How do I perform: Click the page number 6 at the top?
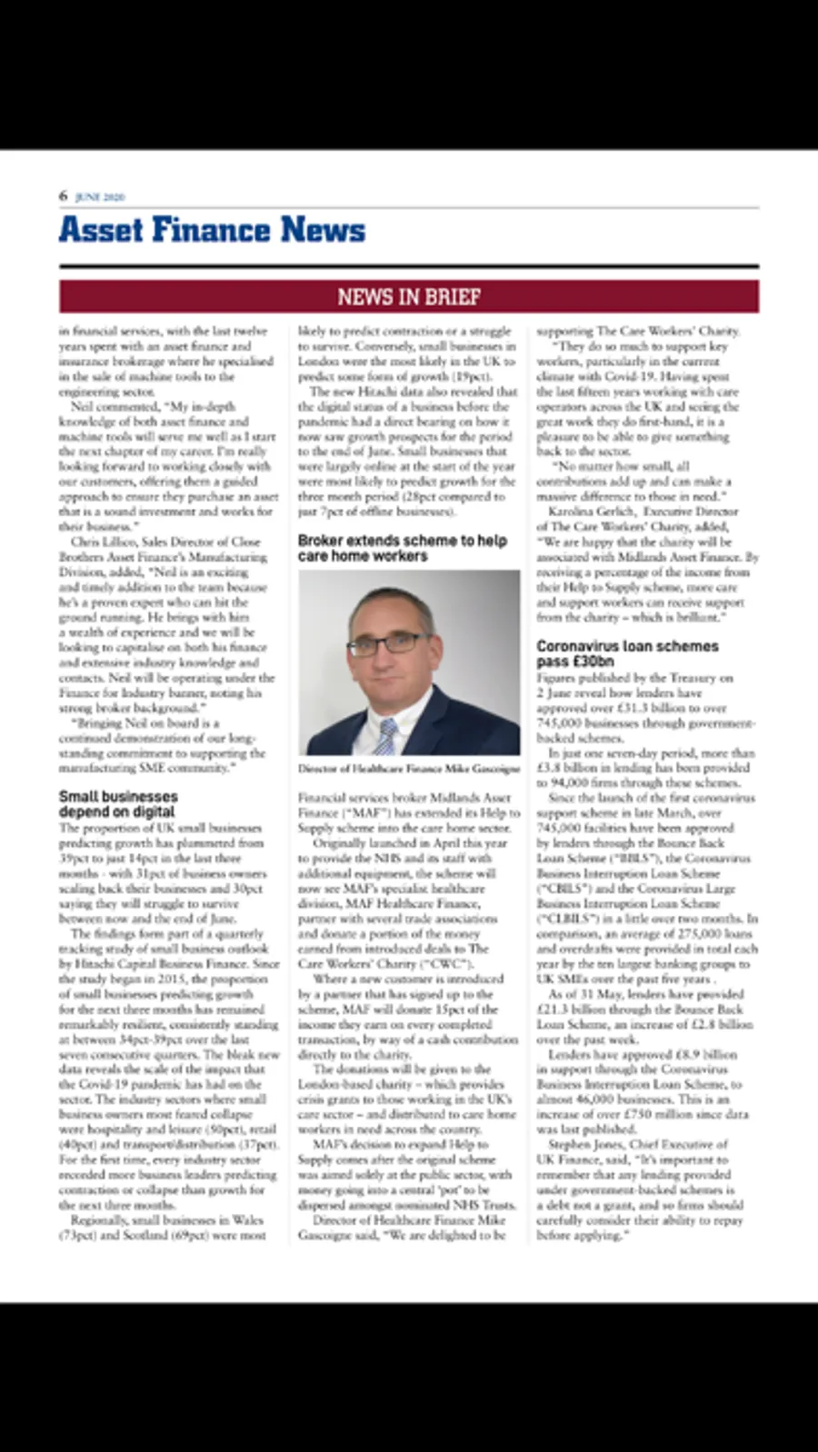pyautogui.click(x=64, y=195)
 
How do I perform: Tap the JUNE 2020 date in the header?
pyautogui.click(x=100, y=197)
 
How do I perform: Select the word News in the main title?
pyautogui.click(x=323, y=230)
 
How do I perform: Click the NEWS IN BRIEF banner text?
pyautogui.click(x=409, y=297)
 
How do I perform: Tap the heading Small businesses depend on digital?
pyautogui.click(x=118, y=804)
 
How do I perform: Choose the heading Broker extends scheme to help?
pyautogui.click(x=402, y=541)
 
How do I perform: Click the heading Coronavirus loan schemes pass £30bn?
pyautogui.click(x=627, y=653)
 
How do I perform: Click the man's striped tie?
pyautogui.click(x=386, y=734)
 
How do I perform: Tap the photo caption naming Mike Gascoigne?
pyautogui.click(x=409, y=769)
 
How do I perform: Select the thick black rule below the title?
pyautogui.click(x=409, y=267)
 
